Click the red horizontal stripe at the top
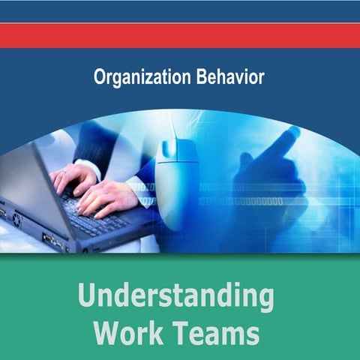click(180, 35)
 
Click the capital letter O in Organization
click(100, 76)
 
